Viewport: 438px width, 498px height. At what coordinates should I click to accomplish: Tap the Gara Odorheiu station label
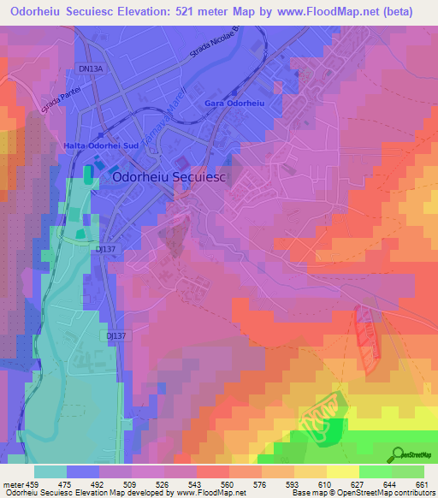pos(232,104)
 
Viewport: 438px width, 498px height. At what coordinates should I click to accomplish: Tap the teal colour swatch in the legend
pos(50,471)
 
